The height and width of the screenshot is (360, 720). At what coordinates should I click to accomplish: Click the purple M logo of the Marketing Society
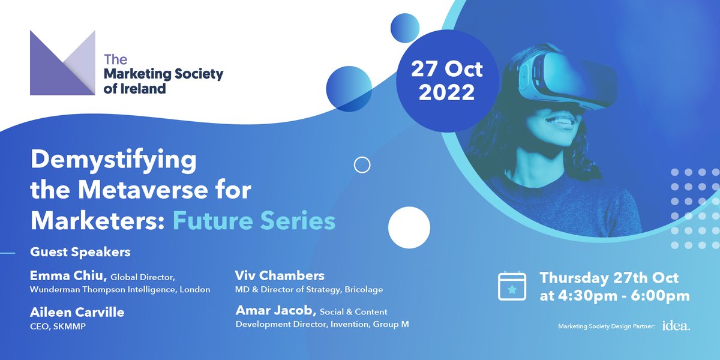pos(62,63)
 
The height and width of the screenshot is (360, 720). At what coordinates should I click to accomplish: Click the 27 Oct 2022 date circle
pos(446,80)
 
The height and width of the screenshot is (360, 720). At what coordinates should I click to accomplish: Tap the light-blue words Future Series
pos(254,220)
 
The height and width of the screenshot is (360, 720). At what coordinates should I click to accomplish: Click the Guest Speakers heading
pos(80,251)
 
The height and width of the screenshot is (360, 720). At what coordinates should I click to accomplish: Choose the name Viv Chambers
pos(280,276)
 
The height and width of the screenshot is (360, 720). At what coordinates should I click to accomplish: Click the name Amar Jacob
pos(274,311)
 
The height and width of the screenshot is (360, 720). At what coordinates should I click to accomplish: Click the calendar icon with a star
pos(512,287)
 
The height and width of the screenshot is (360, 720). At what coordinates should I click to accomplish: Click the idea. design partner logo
pos(676,326)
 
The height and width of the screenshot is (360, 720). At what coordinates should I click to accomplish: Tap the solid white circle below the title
pos(409,228)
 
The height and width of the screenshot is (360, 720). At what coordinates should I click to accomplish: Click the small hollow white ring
pos(362,164)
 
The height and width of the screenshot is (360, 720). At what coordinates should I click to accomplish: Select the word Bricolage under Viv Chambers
pos(362,290)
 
